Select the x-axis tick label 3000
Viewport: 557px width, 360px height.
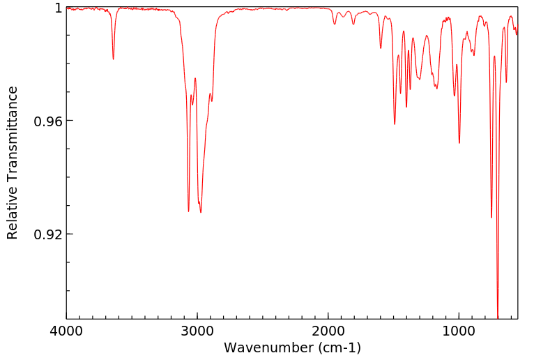[x=197, y=331]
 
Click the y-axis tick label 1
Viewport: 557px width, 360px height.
[x=58, y=8]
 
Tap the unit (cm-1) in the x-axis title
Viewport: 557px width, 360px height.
[x=335, y=347]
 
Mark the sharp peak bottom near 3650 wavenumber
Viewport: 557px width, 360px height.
[x=113, y=59]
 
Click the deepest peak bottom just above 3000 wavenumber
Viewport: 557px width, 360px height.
[x=188, y=211]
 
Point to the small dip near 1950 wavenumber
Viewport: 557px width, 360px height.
[x=335, y=24]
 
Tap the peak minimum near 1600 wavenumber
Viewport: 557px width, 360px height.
[x=381, y=48]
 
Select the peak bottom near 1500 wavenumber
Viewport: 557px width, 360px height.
[x=395, y=124]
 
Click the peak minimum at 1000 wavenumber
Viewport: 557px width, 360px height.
[x=459, y=143]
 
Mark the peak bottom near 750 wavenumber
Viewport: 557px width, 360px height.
[x=491, y=217]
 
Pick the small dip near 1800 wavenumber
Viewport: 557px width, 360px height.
[x=353, y=24]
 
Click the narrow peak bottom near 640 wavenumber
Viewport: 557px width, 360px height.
[x=506, y=82]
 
